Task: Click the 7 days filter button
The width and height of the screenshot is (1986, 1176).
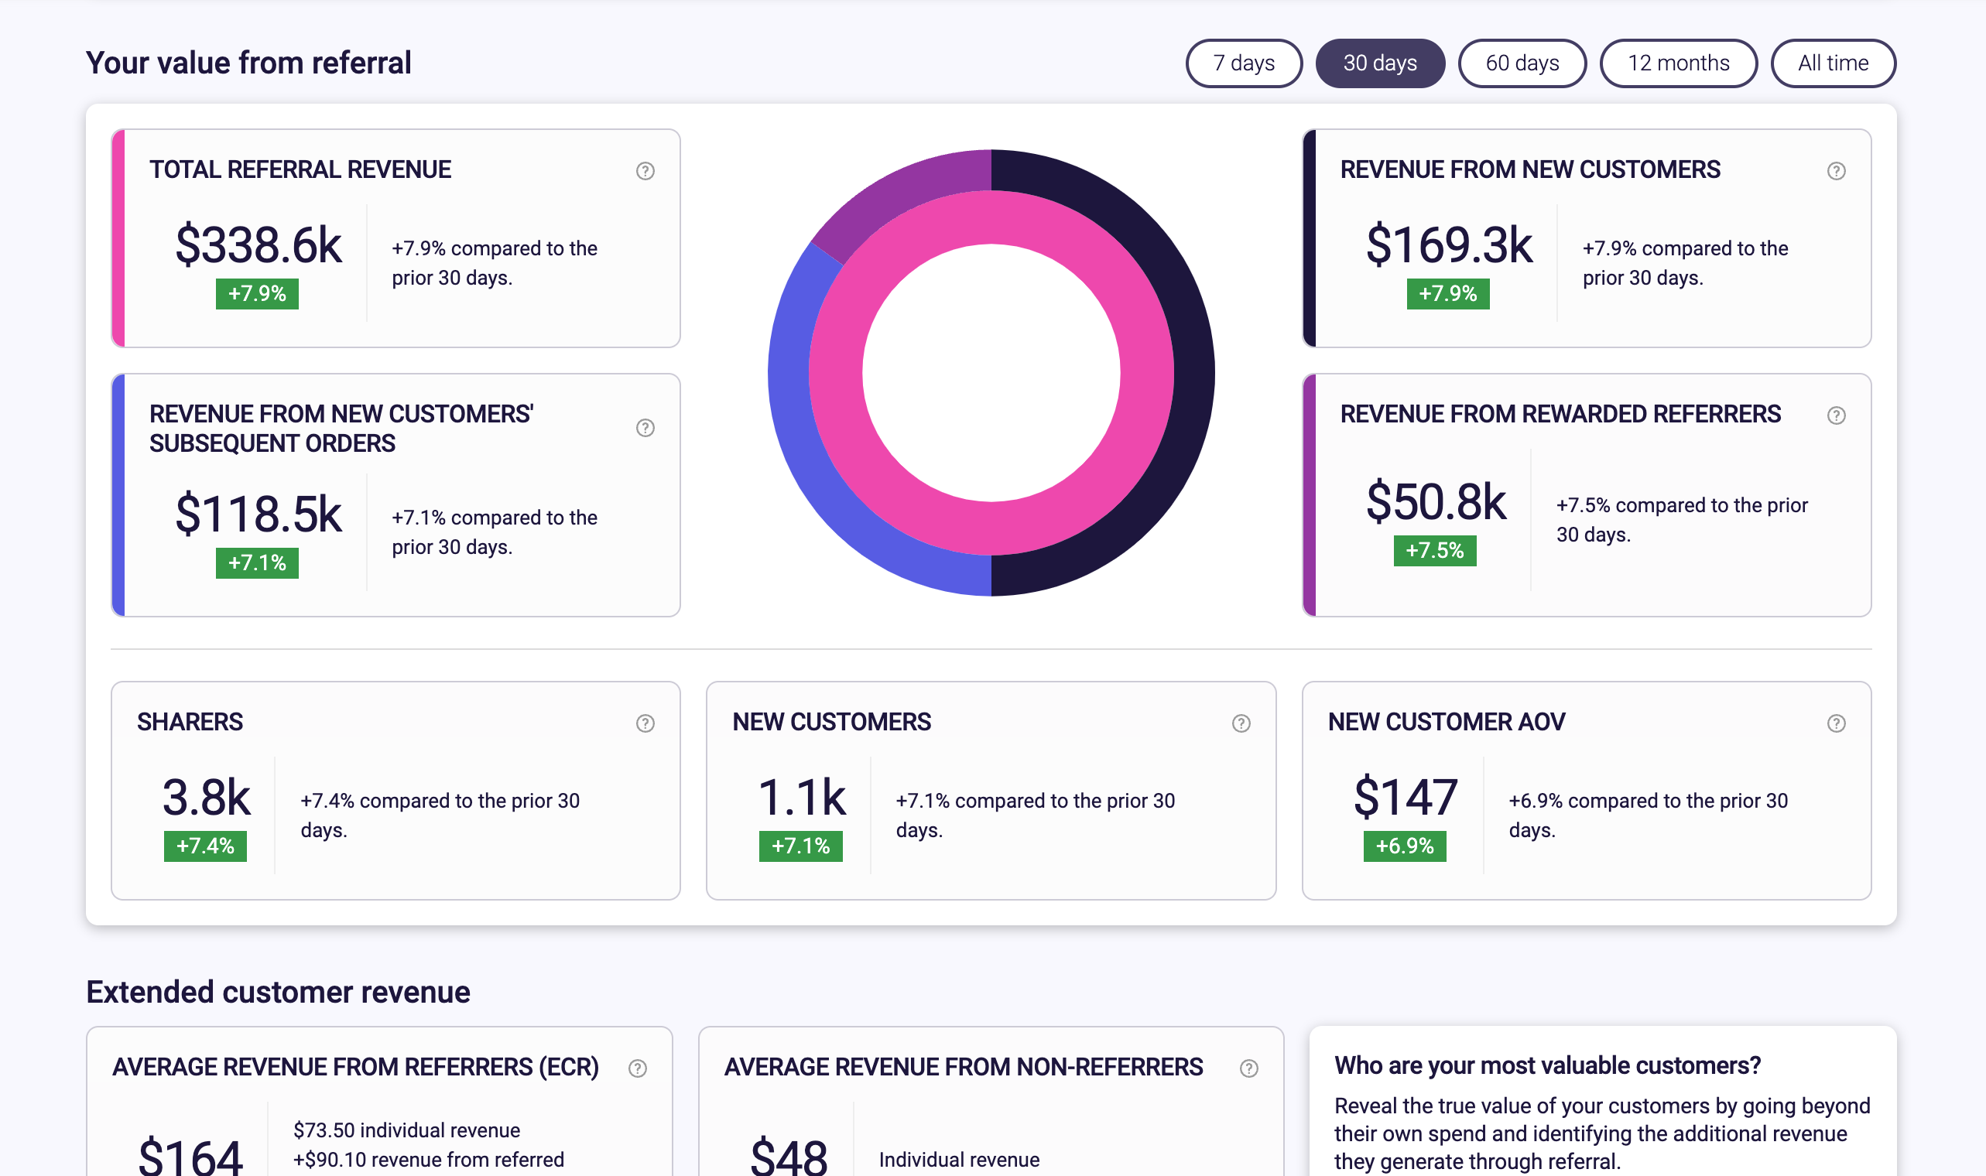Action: point(1243,63)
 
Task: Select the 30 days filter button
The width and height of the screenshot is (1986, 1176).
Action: point(1379,63)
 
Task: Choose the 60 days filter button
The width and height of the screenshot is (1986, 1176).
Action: point(1522,63)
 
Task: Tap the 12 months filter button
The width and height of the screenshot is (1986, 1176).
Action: point(1678,63)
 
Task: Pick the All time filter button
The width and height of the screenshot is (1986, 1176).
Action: point(1832,63)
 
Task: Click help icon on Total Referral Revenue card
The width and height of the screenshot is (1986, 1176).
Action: point(645,171)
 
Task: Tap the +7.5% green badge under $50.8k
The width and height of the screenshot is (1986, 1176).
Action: point(1434,551)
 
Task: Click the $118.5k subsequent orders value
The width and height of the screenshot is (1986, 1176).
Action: point(258,514)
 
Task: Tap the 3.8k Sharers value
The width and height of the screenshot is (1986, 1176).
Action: point(206,796)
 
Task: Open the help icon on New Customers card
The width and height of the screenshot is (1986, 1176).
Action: point(1240,723)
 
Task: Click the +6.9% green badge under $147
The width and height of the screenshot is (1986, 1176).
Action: point(1404,846)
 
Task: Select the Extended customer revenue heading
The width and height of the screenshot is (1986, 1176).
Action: point(278,992)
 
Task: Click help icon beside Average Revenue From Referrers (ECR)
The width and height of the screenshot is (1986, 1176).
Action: point(637,1068)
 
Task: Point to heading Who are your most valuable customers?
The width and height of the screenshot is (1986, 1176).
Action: point(1546,1066)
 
